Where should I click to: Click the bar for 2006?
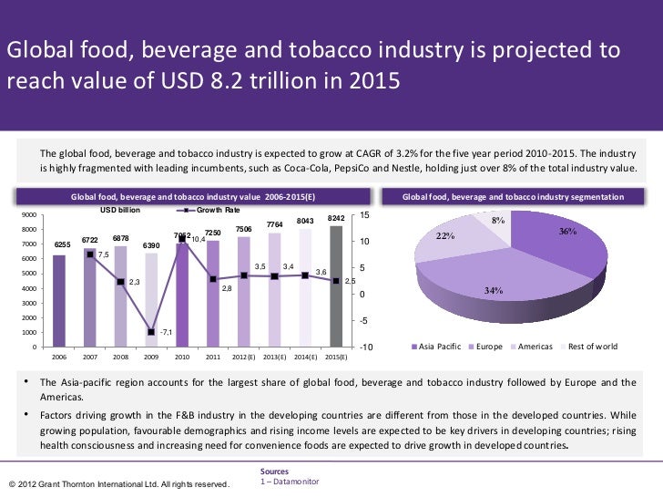tap(59, 301)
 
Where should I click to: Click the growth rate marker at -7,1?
tap(151, 332)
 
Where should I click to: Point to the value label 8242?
tap(336, 219)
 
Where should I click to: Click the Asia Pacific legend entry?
tap(438, 347)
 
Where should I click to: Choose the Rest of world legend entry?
tap(592, 347)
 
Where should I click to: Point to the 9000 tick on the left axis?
tap(28, 215)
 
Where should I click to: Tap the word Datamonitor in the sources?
tap(294, 480)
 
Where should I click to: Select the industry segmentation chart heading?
tap(513, 196)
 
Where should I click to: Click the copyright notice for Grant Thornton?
tap(117, 482)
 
